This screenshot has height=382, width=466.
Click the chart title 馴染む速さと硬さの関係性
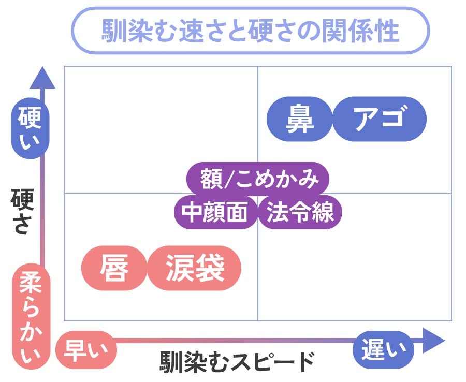pyautogui.click(x=250, y=31)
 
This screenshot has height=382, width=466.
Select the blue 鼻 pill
pyautogui.click(x=299, y=119)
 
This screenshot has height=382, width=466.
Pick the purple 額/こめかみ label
pyautogui.click(x=257, y=179)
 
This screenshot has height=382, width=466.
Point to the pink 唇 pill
pyautogui.click(x=114, y=268)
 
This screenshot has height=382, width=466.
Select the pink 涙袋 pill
pyautogui.click(x=195, y=268)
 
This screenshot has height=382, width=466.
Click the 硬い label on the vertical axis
pyautogui.click(x=30, y=131)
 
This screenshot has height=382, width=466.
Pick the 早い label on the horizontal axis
pyautogui.click(x=86, y=349)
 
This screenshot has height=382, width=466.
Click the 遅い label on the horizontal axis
pyautogui.click(x=384, y=349)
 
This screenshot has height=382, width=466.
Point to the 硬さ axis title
pyautogui.click(x=22, y=212)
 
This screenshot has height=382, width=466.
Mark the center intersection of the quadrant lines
pyautogui.click(x=257, y=193)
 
